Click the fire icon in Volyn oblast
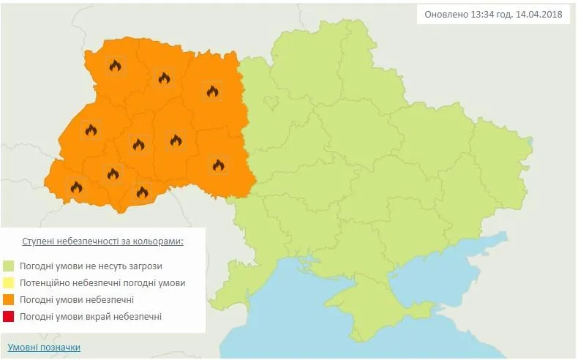click(x=115, y=66)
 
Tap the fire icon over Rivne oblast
click(x=164, y=78)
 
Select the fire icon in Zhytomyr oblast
click(x=212, y=91)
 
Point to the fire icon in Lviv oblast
click(x=91, y=130)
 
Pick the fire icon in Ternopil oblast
click(x=138, y=144)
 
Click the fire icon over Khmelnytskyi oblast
click(x=176, y=140)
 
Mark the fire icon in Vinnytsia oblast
click(x=218, y=165)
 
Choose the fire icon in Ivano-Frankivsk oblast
click(x=113, y=174)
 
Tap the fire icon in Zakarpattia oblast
click(x=76, y=187)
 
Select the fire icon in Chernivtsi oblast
click(x=142, y=192)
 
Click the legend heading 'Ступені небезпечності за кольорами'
click(x=102, y=241)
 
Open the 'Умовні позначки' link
click(x=44, y=348)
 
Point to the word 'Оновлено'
click(x=447, y=15)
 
